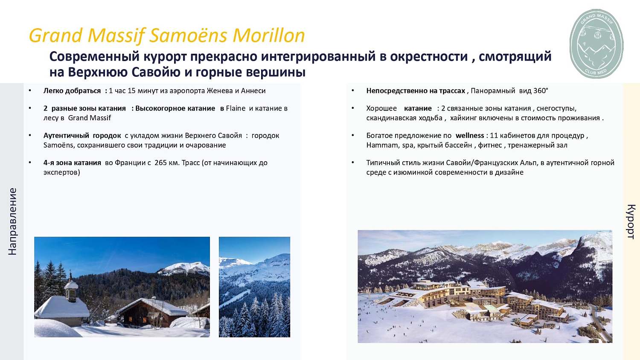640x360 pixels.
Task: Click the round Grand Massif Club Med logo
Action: (596, 44)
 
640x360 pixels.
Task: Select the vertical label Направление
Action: (12, 221)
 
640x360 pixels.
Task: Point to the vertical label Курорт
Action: (631, 221)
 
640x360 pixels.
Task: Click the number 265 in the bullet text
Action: (160, 163)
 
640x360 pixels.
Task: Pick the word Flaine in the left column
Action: (236, 108)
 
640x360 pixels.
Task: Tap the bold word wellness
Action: (469, 136)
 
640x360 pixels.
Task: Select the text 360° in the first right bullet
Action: (541, 91)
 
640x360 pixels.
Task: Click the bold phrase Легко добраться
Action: (72, 91)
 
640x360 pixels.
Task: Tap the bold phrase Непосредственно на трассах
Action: (415, 91)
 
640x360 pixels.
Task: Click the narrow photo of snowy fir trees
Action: (254, 287)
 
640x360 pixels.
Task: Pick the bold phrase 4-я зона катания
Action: (72, 163)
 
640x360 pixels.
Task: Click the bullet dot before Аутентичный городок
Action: (30, 135)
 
